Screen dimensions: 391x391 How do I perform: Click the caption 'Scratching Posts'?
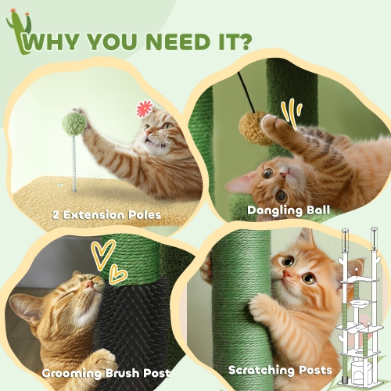[x=280, y=370]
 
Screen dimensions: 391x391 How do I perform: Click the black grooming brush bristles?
[x=129, y=328]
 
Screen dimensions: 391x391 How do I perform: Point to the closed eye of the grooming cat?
[x=72, y=292]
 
